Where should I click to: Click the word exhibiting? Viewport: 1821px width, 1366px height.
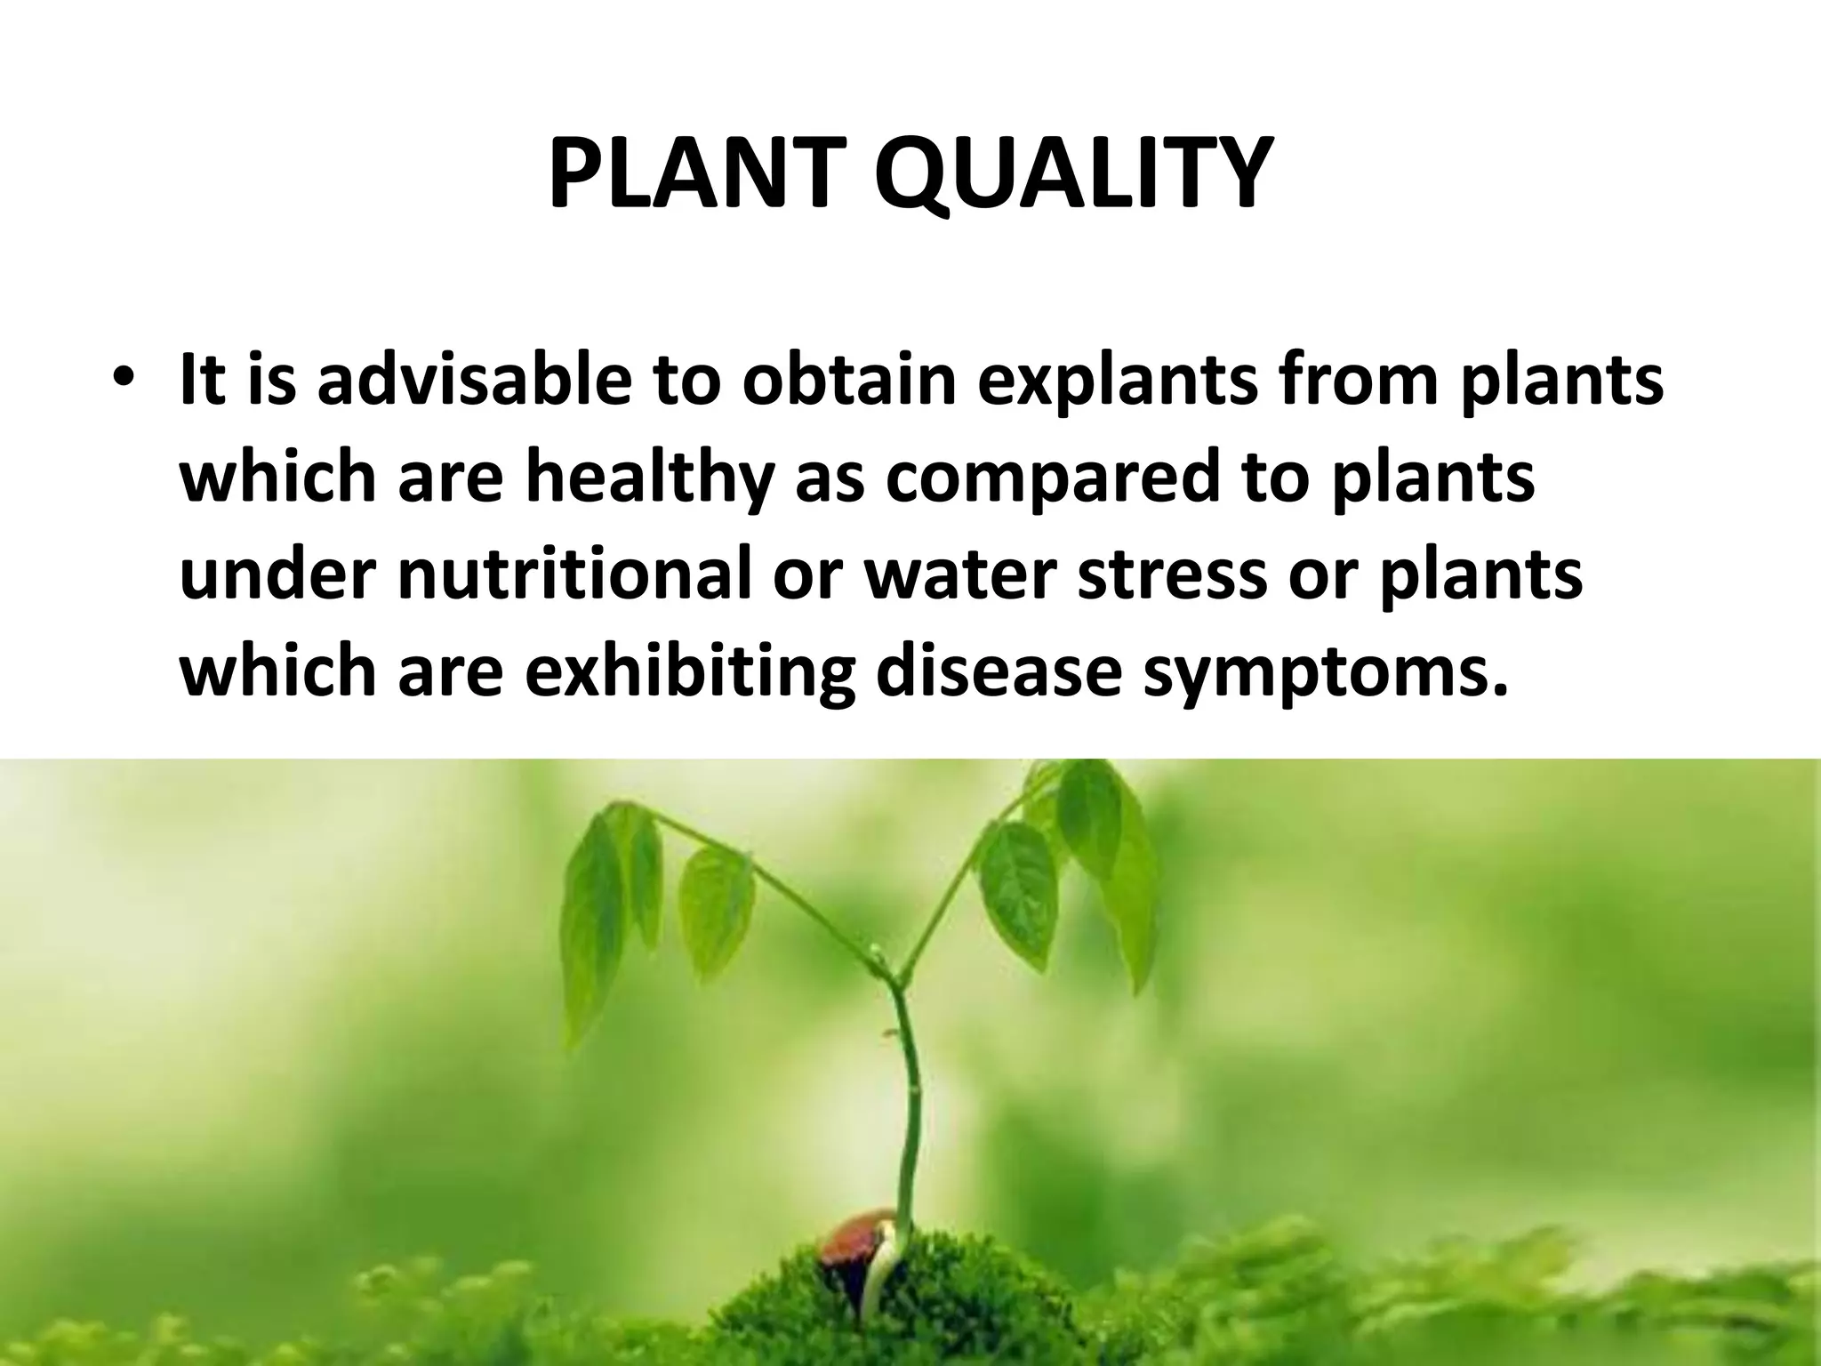click(x=689, y=672)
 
